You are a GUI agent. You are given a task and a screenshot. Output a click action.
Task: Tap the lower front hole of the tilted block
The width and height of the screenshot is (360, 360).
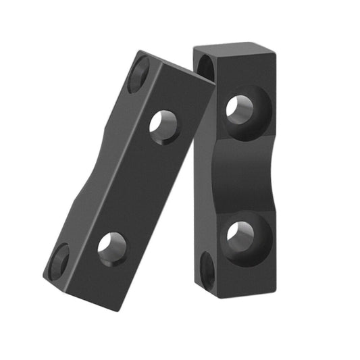111,247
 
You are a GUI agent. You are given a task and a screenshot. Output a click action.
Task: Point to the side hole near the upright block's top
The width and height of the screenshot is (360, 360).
204,67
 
